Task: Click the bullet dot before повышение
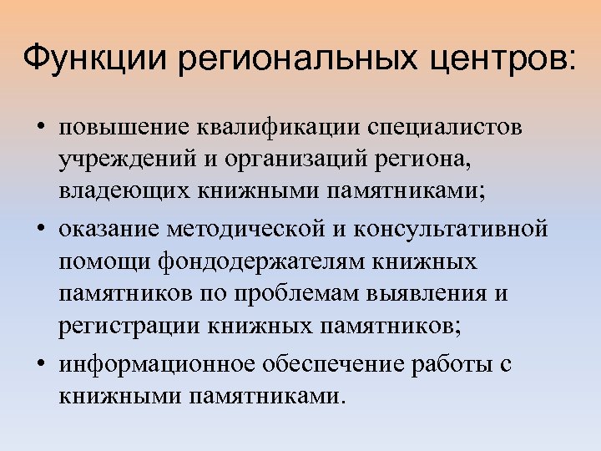tap(40, 129)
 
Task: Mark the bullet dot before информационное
tap(40, 365)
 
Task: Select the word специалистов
tap(452, 129)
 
